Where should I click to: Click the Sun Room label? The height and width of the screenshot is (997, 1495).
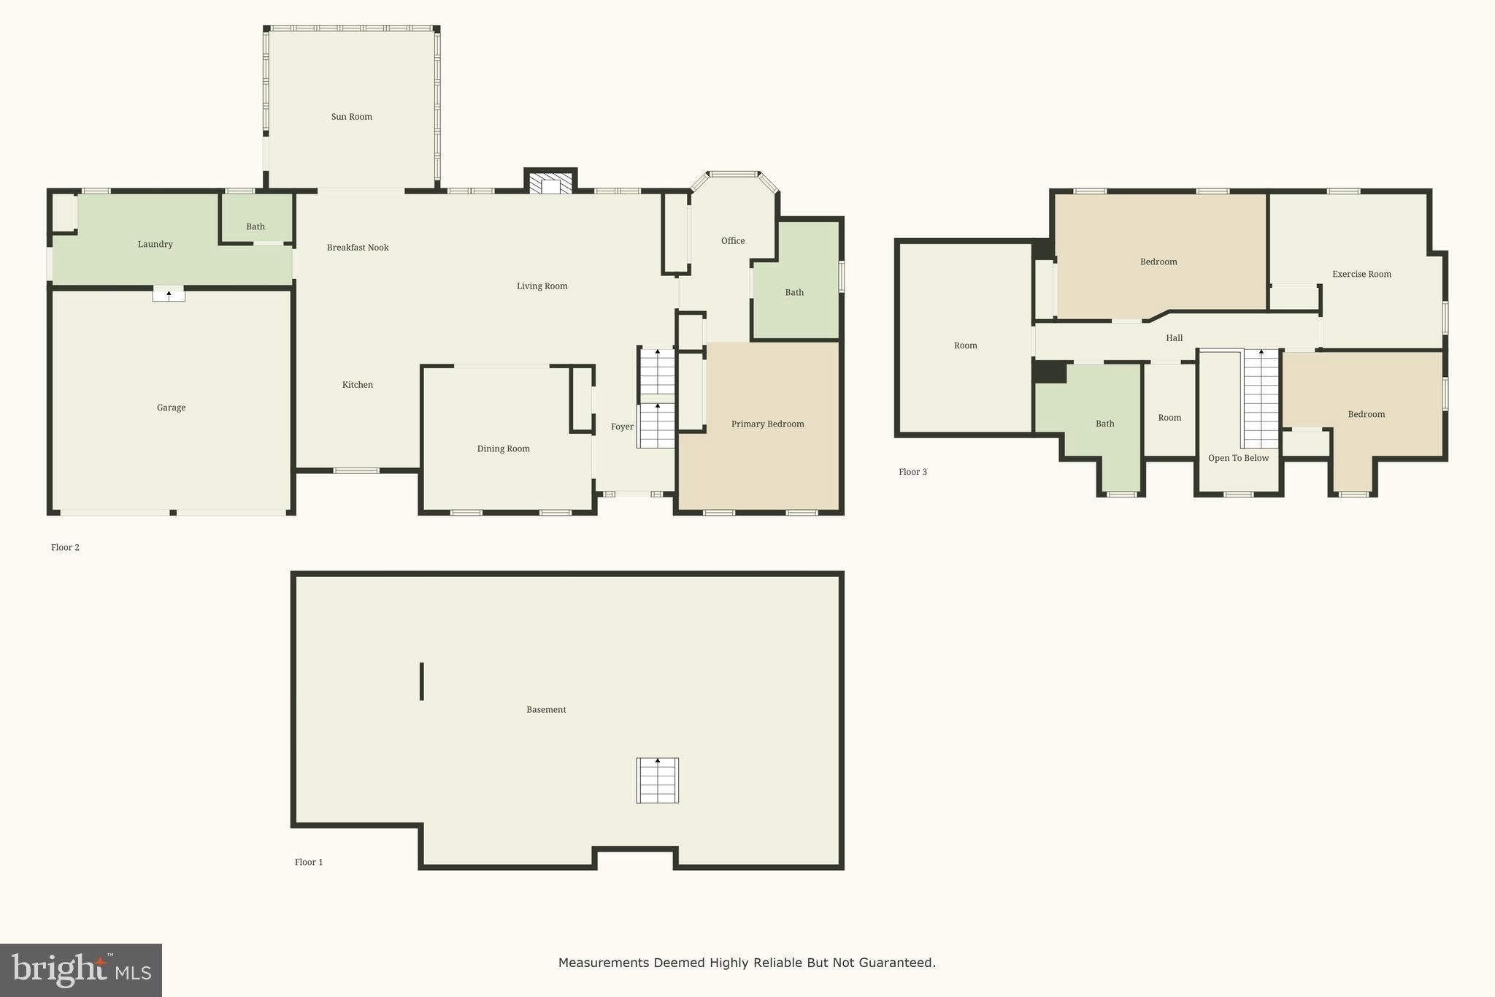[351, 117]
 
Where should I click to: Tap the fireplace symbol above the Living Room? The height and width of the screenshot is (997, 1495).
[550, 183]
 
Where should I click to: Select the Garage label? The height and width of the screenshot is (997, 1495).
[171, 408]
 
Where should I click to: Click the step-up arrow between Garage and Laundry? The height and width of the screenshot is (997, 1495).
[169, 294]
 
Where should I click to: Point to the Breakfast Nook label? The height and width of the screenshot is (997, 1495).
[357, 248]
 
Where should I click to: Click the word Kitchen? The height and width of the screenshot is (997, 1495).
[357, 385]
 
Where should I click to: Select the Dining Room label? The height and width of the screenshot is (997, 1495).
[503, 448]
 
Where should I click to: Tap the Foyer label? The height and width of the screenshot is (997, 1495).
[622, 427]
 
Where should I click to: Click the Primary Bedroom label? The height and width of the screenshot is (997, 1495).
[767, 424]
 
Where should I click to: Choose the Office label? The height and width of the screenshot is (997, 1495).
[732, 241]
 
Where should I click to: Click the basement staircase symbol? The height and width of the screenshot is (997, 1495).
[657, 780]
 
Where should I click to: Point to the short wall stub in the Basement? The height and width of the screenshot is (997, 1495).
[422, 681]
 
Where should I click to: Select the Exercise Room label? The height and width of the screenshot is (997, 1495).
[1361, 275]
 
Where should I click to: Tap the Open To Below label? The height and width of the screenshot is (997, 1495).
[1238, 458]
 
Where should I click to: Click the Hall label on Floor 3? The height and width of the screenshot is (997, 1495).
[1174, 338]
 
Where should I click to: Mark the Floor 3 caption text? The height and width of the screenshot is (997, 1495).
[912, 472]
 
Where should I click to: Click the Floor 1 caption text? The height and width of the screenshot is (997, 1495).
[308, 862]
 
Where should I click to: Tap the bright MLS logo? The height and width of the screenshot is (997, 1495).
[80, 970]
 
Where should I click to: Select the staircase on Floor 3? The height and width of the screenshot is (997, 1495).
[1261, 398]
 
